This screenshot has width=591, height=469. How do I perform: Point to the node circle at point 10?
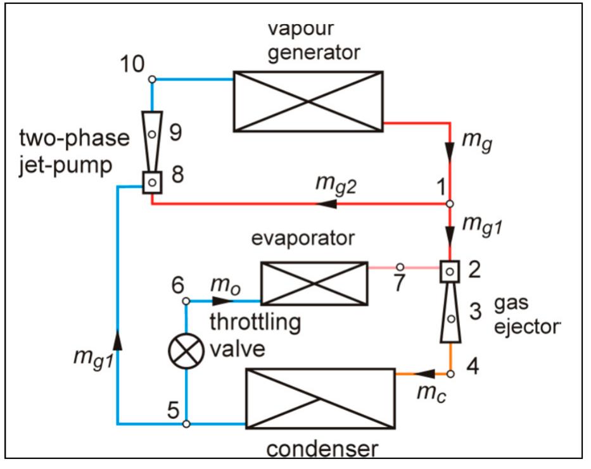[x=152, y=79]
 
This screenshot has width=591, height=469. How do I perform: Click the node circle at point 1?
[x=450, y=204]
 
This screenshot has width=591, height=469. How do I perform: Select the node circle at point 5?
[x=186, y=424]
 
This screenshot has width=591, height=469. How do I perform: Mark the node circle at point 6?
[x=186, y=301]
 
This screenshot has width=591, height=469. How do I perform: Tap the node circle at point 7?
[x=400, y=267]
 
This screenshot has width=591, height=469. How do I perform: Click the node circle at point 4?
[x=450, y=374]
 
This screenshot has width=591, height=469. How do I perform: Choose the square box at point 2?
[x=450, y=272]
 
